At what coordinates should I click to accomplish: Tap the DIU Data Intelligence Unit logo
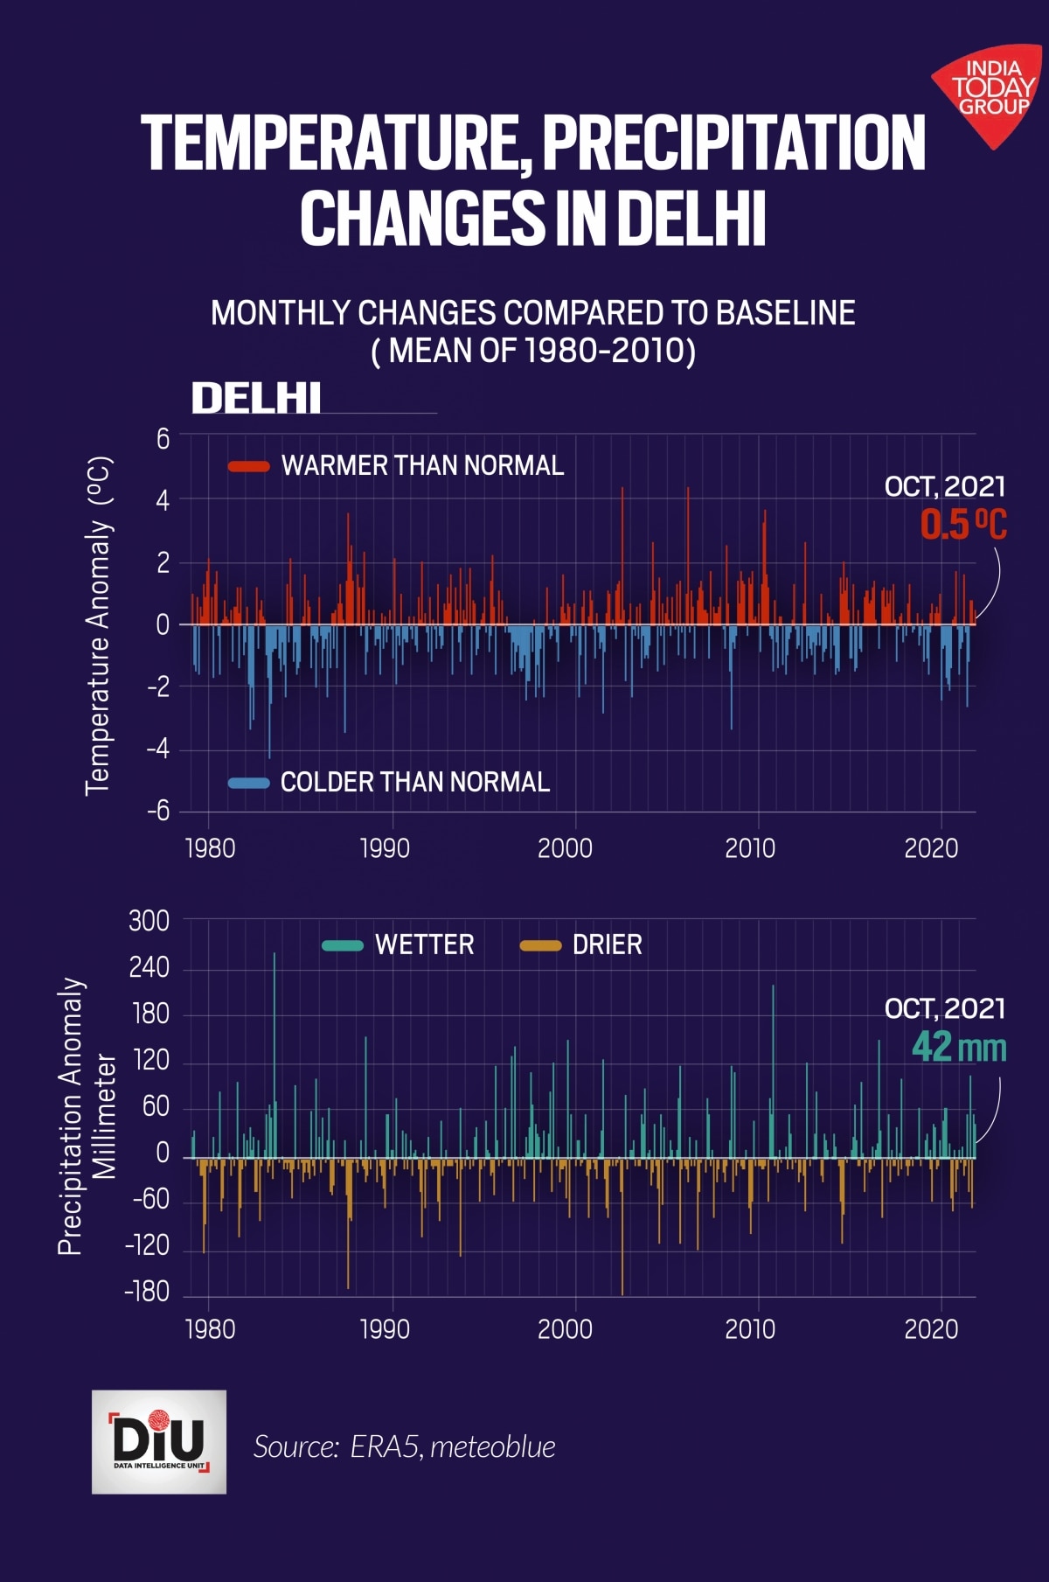159,1441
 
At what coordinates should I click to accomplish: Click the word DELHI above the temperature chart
256,399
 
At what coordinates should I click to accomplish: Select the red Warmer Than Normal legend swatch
248,466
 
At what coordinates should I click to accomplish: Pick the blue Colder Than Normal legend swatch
248,783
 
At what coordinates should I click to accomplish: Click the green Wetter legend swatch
342,945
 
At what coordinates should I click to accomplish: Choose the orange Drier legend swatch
539,945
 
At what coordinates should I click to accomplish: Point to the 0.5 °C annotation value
962,525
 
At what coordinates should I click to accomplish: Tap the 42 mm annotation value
958,1047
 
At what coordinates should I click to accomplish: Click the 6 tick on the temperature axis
163,439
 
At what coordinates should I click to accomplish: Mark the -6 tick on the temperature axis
158,812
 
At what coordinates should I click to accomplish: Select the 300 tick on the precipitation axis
149,921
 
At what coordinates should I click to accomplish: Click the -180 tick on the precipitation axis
146,1292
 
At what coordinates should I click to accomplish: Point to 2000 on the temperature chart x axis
565,848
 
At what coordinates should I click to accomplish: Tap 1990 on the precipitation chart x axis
385,1329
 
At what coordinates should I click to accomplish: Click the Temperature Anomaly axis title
99,625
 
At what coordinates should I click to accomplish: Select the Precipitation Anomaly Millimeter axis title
87,1117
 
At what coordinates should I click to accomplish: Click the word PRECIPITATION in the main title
733,143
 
